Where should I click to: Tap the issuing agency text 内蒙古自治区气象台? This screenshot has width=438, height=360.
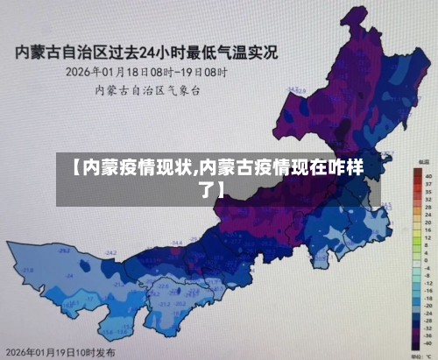point(147,89)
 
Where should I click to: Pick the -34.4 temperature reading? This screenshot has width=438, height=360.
point(177,243)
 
